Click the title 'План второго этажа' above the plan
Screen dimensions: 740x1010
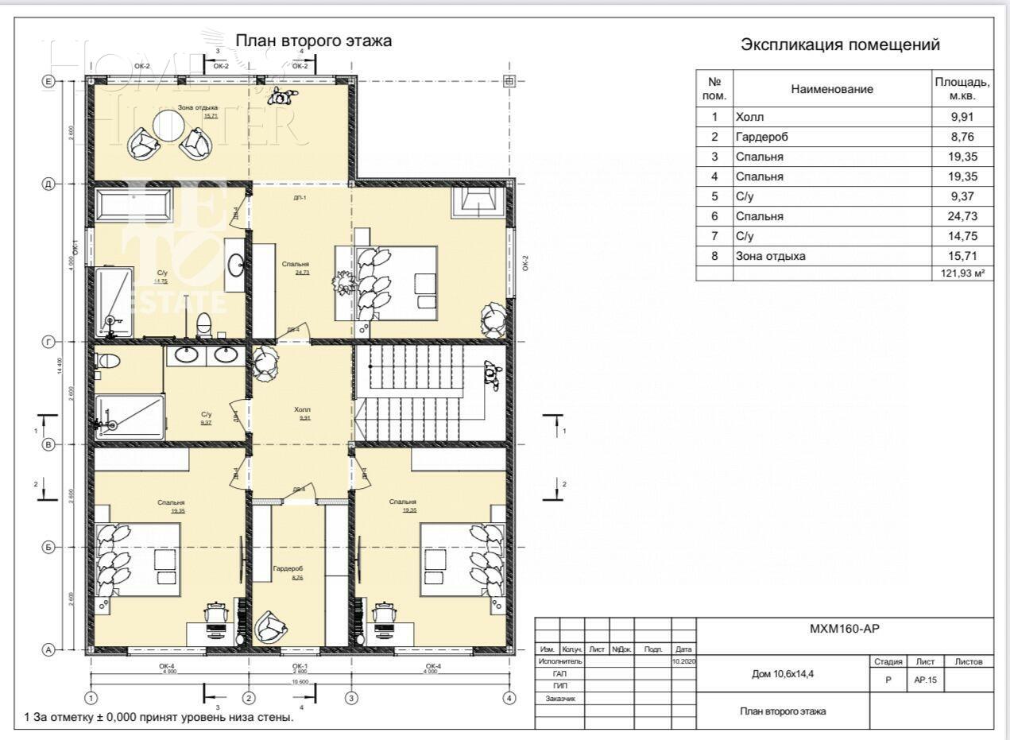313,41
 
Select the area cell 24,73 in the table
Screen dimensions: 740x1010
962,216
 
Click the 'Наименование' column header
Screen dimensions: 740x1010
832,90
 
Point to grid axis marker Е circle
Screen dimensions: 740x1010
48,81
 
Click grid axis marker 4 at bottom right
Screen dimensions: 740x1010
509,698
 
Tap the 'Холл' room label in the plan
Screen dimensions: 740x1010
302,410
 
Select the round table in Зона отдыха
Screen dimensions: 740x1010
169,125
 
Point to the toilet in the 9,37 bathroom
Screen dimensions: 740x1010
106,361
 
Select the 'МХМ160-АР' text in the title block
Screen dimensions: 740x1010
845,629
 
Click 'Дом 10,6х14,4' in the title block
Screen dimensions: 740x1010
782,673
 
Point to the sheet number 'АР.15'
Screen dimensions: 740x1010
925,680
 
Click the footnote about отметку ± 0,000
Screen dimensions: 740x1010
159,718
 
